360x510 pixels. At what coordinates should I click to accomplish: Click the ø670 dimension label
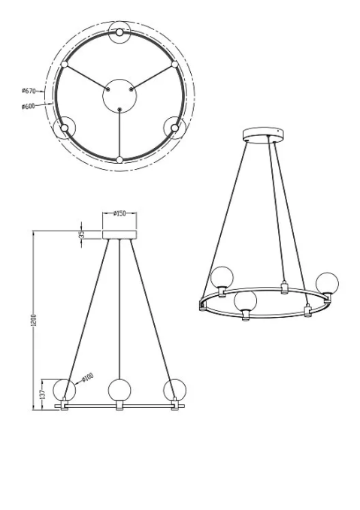pos(28,91)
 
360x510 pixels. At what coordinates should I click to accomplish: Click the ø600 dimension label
pos(28,106)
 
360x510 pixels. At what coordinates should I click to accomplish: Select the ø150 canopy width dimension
pos(119,213)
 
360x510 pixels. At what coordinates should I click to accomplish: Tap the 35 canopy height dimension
pos(83,234)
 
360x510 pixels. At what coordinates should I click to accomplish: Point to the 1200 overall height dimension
pos(36,321)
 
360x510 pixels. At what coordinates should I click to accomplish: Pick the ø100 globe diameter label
pos(88,377)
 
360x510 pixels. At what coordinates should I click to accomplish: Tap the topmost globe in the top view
pos(119,32)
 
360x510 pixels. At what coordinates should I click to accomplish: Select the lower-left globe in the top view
pos(65,128)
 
